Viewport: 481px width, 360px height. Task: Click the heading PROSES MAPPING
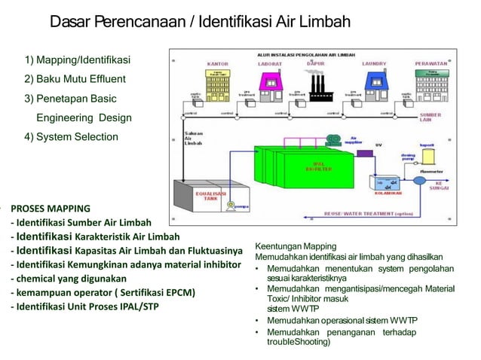[x=51, y=209]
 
